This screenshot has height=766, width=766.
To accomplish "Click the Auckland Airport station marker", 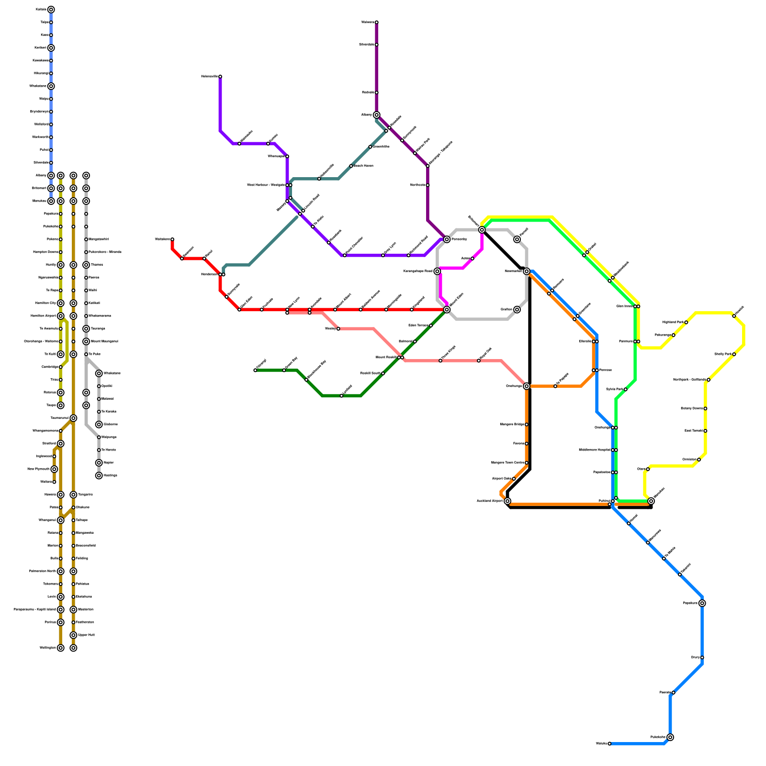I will (507, 501).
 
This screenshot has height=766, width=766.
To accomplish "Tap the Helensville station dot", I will (220, 77).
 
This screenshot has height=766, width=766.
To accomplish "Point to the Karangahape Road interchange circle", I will (437, 271).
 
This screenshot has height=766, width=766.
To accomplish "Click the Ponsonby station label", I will (459, 239).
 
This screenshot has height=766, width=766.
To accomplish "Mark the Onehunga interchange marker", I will (527, 386).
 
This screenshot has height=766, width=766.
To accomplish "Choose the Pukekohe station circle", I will (670, 737).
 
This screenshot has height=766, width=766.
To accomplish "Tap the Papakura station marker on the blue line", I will (702, 603).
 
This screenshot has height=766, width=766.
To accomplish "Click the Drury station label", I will (696, 657).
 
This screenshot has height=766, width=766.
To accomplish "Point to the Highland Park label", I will (673, 322).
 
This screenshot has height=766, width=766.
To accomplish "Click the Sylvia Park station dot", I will (625, 389).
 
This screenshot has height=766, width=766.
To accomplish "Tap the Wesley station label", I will (330, 329).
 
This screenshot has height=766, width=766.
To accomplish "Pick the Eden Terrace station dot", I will (431, 326).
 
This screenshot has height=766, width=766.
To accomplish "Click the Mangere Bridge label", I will (512, 425).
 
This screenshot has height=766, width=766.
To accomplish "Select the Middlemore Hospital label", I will (594, 450).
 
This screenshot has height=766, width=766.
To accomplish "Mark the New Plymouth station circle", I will (54, 469).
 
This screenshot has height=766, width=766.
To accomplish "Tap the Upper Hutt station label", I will (86, 635).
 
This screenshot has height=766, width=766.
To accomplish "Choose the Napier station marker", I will (99, 463).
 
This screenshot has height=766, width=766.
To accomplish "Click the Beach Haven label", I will (363, 166).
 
